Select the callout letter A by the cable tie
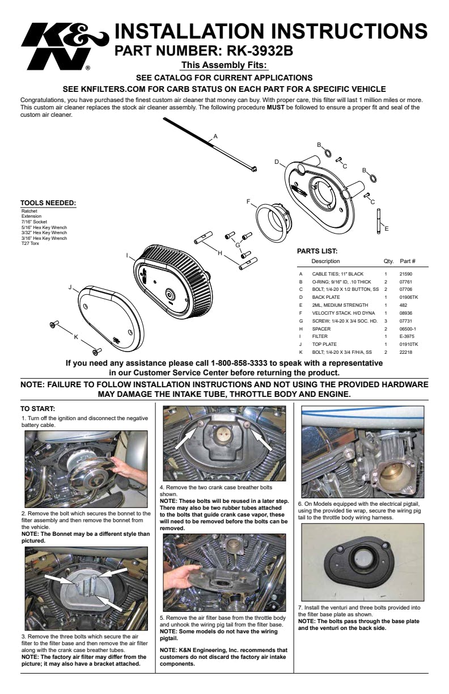(215, 137)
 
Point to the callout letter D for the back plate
(277, 162)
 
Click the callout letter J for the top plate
(70, 287)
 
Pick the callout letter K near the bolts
(76, 337)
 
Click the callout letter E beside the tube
(386, 229)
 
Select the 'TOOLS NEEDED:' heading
(48, 203)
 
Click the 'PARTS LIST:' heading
(317, 251)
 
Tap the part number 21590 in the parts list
(405, 273)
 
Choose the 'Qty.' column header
(388, 261)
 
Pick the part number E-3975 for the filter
(406, 336)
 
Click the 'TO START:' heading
(37, 408)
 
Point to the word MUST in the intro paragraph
(276, 107)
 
